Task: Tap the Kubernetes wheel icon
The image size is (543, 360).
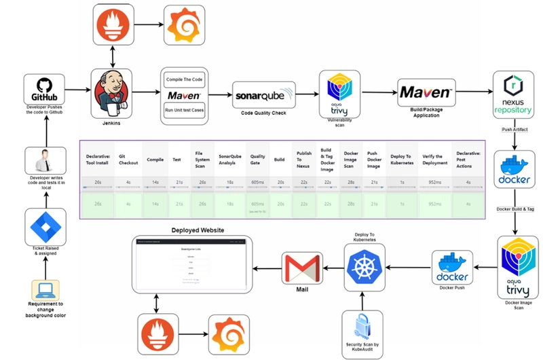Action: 365,265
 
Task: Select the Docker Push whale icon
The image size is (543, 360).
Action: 452,265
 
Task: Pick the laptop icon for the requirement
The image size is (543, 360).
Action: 44,292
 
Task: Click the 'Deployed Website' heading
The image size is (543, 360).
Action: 198,230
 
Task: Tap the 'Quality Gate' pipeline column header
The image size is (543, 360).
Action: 257,159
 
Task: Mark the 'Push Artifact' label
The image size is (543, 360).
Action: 516,128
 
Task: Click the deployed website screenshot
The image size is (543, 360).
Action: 191,264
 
